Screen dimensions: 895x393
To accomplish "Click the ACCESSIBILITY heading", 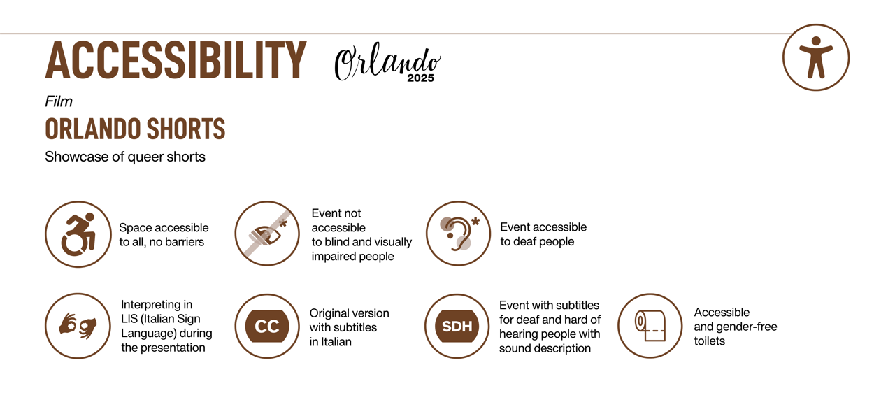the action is pos(176,60).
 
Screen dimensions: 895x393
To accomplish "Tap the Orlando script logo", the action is pos(387,62).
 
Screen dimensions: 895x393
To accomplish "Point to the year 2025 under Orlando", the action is pos(420,78).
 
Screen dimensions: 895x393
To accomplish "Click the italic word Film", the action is pos(58,102).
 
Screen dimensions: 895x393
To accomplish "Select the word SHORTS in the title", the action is pos(186,129).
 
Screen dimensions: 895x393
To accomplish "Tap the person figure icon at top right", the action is pos(816,57).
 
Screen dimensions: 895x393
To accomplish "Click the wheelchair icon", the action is pos(78,234).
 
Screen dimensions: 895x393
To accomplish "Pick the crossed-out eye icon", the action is pos(267,234).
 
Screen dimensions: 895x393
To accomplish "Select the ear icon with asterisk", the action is pos(458,234).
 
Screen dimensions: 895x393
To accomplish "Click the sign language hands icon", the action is pos(78,326).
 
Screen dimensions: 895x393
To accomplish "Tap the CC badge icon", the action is pos(267,326).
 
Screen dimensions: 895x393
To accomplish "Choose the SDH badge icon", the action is pos(457,326).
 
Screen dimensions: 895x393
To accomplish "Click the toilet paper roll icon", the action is pos(650,326).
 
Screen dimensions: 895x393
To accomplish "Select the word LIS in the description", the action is pos(129,319).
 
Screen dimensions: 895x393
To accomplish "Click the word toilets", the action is pos(709,341).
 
